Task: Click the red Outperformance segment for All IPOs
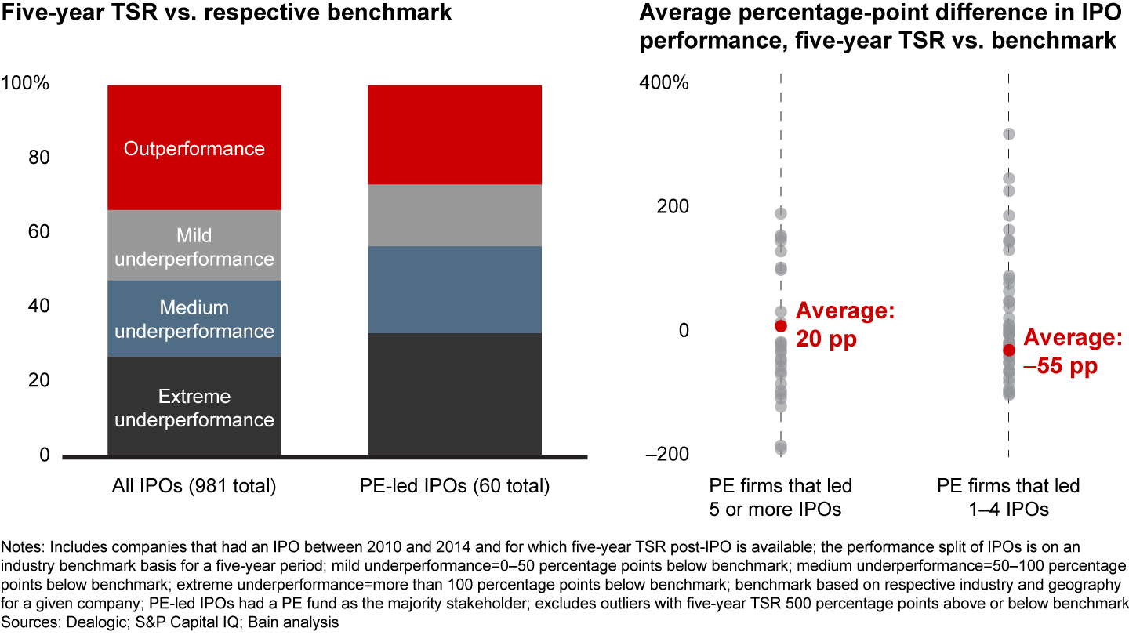click(194, 147)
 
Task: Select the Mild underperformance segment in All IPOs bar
click(194, 246)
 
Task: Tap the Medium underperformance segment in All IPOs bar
click(194, 319)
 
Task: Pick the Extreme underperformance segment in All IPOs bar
click(194, 407)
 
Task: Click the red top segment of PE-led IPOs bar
click(454, 134)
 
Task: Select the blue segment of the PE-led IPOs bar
click(454, 290)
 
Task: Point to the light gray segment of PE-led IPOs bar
click(454, 216)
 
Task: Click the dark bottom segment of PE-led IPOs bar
click(454, 394)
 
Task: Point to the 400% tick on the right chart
click(666, 82)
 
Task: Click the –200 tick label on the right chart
click(666, 455)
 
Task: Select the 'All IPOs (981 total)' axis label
click(194, 486)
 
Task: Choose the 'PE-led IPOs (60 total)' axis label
click(454, 486)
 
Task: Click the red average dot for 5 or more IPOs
click(780, 325)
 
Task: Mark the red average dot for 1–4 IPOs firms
click(1008, 350)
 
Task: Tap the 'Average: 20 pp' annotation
click(845, 325)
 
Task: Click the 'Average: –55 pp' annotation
click(1073, 352)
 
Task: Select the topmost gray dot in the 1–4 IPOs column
click(1009, 134)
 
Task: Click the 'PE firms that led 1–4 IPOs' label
click(1008, 497)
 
